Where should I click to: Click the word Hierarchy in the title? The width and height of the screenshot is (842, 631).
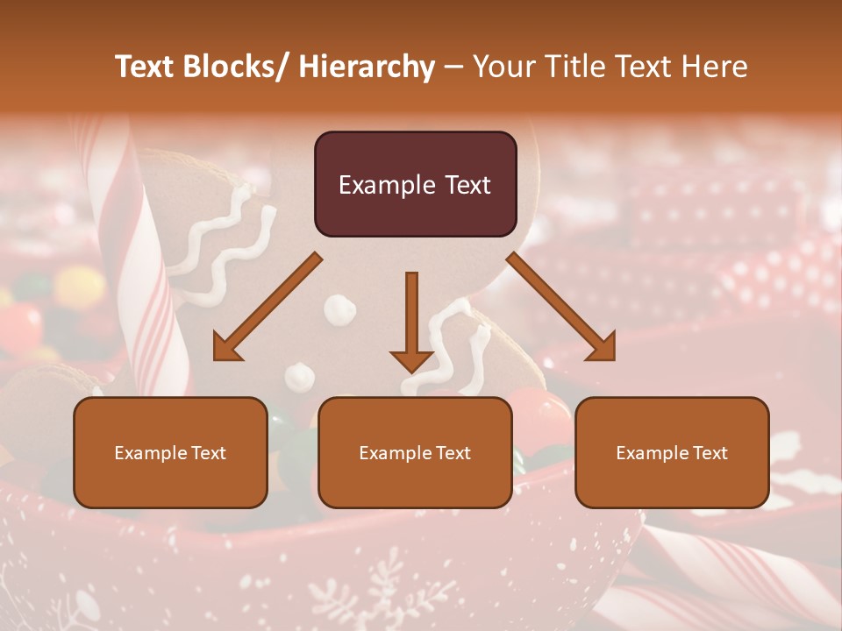pos(367,67)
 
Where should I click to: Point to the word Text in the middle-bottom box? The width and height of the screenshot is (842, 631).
pos(450,453)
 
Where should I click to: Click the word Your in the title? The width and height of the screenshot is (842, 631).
pos(503,67)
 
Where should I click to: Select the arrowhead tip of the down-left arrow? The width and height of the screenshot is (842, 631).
pos(217,358)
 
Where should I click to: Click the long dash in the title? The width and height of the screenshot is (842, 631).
pos(453,67)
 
